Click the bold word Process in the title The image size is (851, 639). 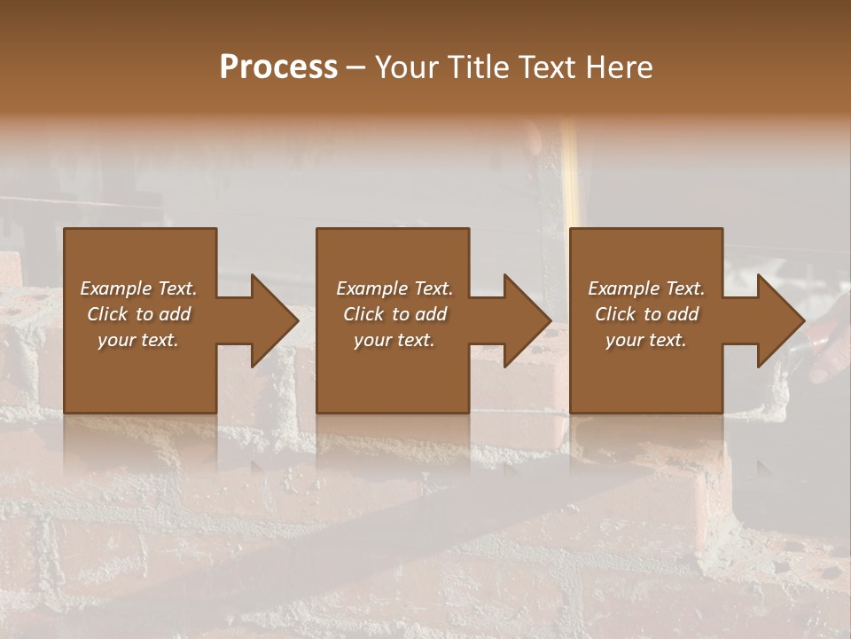tap(278, 67)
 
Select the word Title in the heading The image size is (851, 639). tap(479, 67)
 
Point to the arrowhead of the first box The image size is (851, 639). tap(276, 320)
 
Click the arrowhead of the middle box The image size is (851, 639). tap(528, 320)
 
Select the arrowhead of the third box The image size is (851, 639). tap(781, 320)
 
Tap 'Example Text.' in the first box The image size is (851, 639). tap(138, 288)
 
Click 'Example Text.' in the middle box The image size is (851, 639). tap(394, 288)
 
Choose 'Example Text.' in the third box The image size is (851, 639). tap(646, 288)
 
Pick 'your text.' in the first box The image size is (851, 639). tap(138, 340)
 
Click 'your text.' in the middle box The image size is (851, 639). tap(394, 340)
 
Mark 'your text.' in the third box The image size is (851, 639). tap(646, 340)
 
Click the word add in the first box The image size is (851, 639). tap(176, 314)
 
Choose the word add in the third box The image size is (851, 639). tap(683, 314)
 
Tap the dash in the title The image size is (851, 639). tap(355, 67)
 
